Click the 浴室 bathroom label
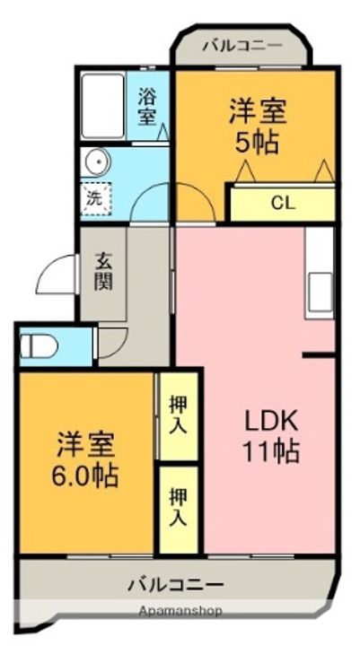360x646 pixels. (146, 108)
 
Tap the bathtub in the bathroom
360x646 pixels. (102, 106)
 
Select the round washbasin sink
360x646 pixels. (95, 161)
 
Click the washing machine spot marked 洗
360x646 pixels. (96, 199)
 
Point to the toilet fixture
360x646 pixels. (39, 345)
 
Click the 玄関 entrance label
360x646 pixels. (103, 271)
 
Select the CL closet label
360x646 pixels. (283, 204)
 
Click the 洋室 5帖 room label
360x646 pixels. (258, 127)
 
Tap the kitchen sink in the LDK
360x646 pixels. (320, 292)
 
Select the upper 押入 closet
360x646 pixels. (179, 416)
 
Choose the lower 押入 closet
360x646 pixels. (179, 510)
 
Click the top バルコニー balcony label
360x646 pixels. (242, 46)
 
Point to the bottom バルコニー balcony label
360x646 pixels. (176, 584)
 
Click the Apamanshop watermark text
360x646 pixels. (180, 611)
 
